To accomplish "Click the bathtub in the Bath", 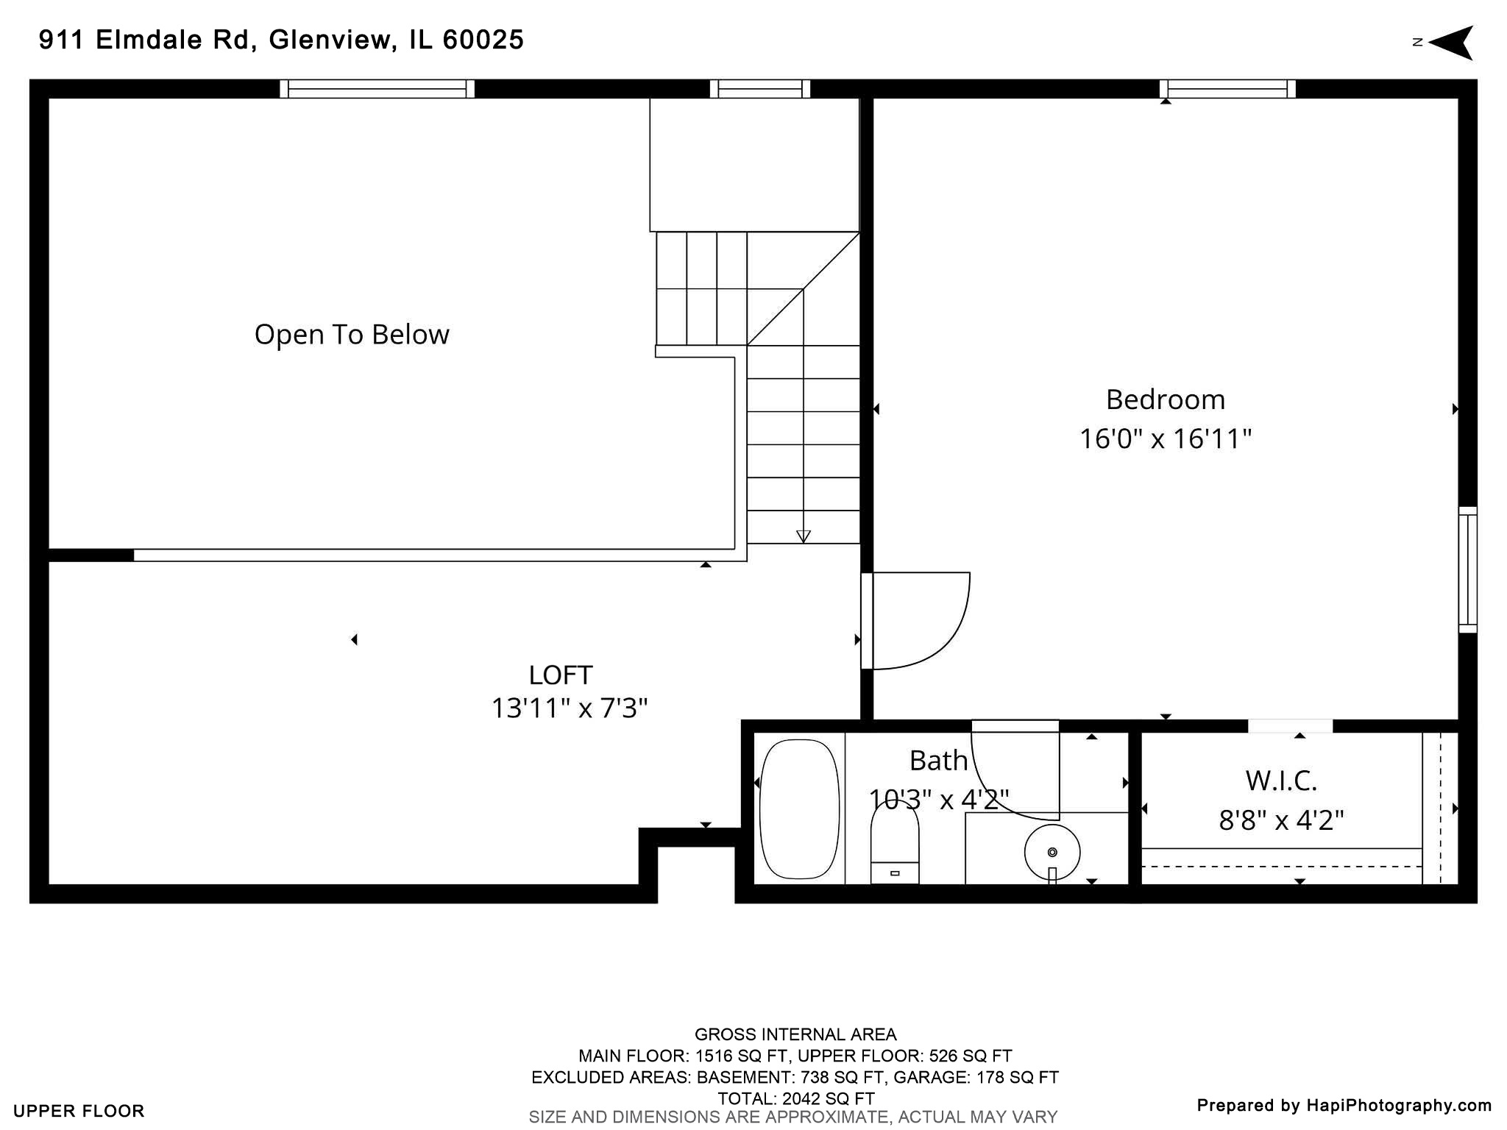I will coord(799,809).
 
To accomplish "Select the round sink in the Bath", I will coord(1052,852).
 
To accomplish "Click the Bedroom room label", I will coord(1165,399).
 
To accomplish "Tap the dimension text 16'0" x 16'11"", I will coord(1165,439).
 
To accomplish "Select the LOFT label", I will coord(561,675).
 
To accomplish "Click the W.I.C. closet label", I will coord(1281,781).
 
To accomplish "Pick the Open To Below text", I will coord(352,335).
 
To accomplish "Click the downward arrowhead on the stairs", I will coord(804,536).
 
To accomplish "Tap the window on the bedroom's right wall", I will coord(1467,569).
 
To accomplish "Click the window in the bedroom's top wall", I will coord(1227,89).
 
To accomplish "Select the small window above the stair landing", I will coord(759,89).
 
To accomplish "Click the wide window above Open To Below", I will coord(377,89).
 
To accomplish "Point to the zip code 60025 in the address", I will coord(483,40).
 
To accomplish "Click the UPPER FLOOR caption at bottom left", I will coord(79,1111).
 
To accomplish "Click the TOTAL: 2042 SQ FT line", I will coord(795,1098).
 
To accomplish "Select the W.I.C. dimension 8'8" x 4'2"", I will coord(1281,820).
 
